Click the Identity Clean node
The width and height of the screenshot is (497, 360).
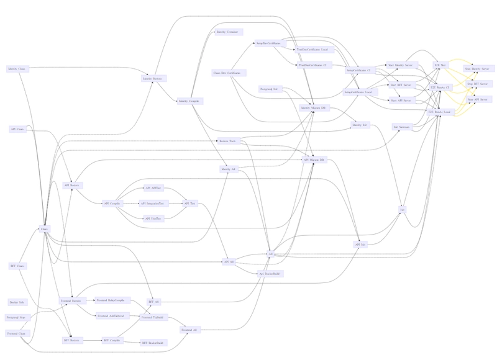[x=17, y=68]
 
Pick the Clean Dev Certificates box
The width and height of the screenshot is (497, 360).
[x=227, y=73]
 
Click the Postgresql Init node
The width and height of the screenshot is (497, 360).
[x=268, y=89]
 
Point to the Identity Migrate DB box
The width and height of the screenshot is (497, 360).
[x=313, y=108]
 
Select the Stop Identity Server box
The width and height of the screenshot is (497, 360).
[x=476, y=68]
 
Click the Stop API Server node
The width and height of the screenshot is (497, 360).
[x=476, y=99]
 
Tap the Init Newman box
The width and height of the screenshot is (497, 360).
[x=401, y=127]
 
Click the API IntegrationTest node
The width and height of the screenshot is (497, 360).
[x=152, y=203]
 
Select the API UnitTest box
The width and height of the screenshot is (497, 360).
[x=153, y=218]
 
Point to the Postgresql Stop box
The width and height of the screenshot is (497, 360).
[x=17, y=317]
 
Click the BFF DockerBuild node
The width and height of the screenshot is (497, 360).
[x=153, y=342]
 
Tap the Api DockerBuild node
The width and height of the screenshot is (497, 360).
[x=270, y=273]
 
